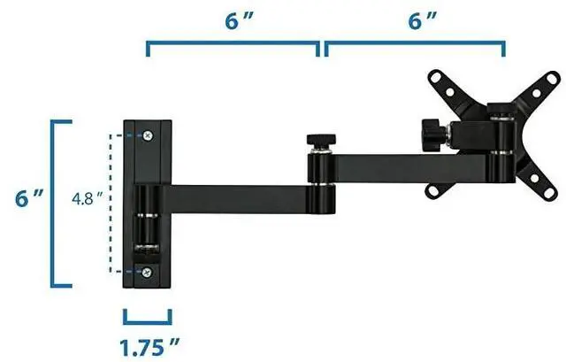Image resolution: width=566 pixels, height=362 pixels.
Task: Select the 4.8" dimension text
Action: [x=87, y=200]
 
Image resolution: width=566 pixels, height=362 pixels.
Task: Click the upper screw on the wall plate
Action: [x=147, y=135]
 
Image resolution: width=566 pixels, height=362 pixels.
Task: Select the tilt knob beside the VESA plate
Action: [x=432, y=135]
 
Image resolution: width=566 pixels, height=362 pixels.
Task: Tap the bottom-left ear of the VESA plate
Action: [x=434, y=189]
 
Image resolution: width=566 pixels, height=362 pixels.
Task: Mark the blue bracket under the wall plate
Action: [x=148, y=317]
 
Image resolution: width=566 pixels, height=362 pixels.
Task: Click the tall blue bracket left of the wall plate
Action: [x=57, y=204]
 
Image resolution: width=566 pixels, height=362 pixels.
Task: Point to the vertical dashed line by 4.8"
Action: [x=112, y=204]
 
